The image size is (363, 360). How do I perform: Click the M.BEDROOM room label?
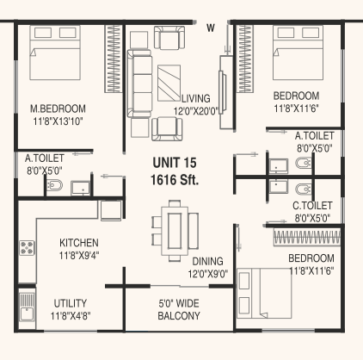coord(58,109)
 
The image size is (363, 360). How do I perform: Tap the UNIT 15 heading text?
coord(175,163)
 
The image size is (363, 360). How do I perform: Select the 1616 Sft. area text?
coord(175,180)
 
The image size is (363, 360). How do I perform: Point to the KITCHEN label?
coord(79,243)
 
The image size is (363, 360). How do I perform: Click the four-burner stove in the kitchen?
coord(27,248)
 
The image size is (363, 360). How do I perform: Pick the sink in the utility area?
coord(27,309)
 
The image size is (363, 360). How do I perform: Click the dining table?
coord(175,231)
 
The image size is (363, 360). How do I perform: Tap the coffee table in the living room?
coord(169,83)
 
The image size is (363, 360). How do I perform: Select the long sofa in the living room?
coord(139,84)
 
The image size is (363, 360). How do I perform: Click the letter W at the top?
coord(211,28)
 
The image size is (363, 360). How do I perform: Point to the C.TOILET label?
coord(312,206)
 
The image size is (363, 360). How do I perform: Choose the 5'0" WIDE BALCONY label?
coord(179,310)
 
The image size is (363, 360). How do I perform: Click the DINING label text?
coord(207,262)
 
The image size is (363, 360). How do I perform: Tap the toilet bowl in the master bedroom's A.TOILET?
coord(54,185)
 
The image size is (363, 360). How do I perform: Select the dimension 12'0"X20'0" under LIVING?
coord(196,111)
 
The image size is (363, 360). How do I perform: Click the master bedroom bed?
coord(55,53)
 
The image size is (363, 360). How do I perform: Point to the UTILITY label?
coord(71,303)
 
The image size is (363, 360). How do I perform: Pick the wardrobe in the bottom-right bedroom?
coord(307,238)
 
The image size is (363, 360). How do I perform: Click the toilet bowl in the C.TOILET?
coord(304,189)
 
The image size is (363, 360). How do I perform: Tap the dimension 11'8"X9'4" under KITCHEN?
coord(79,255)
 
